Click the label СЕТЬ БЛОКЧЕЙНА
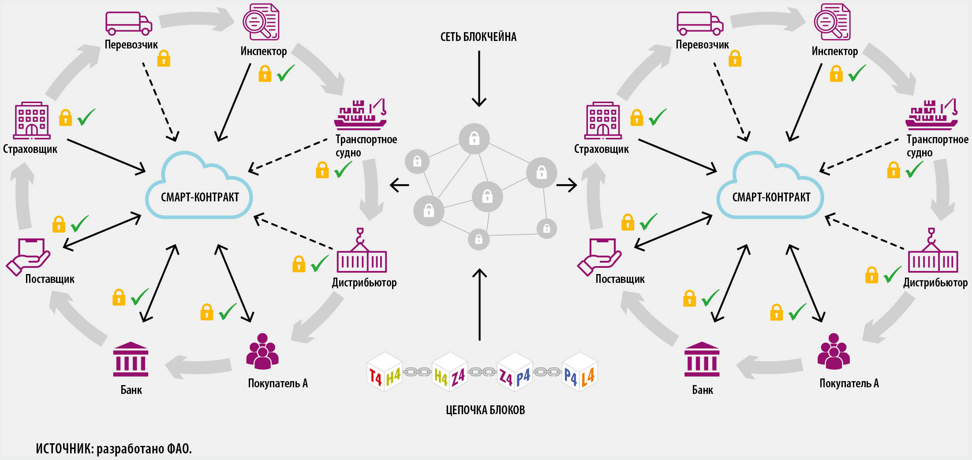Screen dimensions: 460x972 pyautogui.click(x=478, y=37)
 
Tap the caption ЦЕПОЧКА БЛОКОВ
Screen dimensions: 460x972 pyautogui.click(x=485, y=410)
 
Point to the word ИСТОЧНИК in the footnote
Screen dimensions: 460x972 pyautogui.click(x=64, y=449)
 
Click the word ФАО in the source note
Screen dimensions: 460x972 pyautogui.click(x=178, y=449)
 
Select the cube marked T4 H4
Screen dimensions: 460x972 pyautogui.click(x=385, y=372)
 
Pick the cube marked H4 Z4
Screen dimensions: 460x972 pyautogui.click(x=449, y=372)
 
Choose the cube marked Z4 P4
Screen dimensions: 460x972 pyautogui.click(x=514, y=372)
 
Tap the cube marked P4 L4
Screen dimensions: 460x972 pyautogui.click(x=579, y=372)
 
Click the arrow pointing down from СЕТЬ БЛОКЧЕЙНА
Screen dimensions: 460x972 pyautogui.click(x=479, y=79)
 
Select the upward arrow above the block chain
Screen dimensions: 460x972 pyautogui.click(x=479, y=304)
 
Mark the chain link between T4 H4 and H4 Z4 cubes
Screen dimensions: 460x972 pyautogui.click(x=417, y=372)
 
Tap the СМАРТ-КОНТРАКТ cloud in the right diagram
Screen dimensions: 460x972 pyautogui.click(x=770, y=189)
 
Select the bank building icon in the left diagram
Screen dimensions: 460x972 pyautogui.click(x=131, y=360)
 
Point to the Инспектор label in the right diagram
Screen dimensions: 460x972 pyautogui.click(x=835, y=52)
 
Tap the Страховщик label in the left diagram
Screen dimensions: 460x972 pyautogui.click(x=30, y=149)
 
